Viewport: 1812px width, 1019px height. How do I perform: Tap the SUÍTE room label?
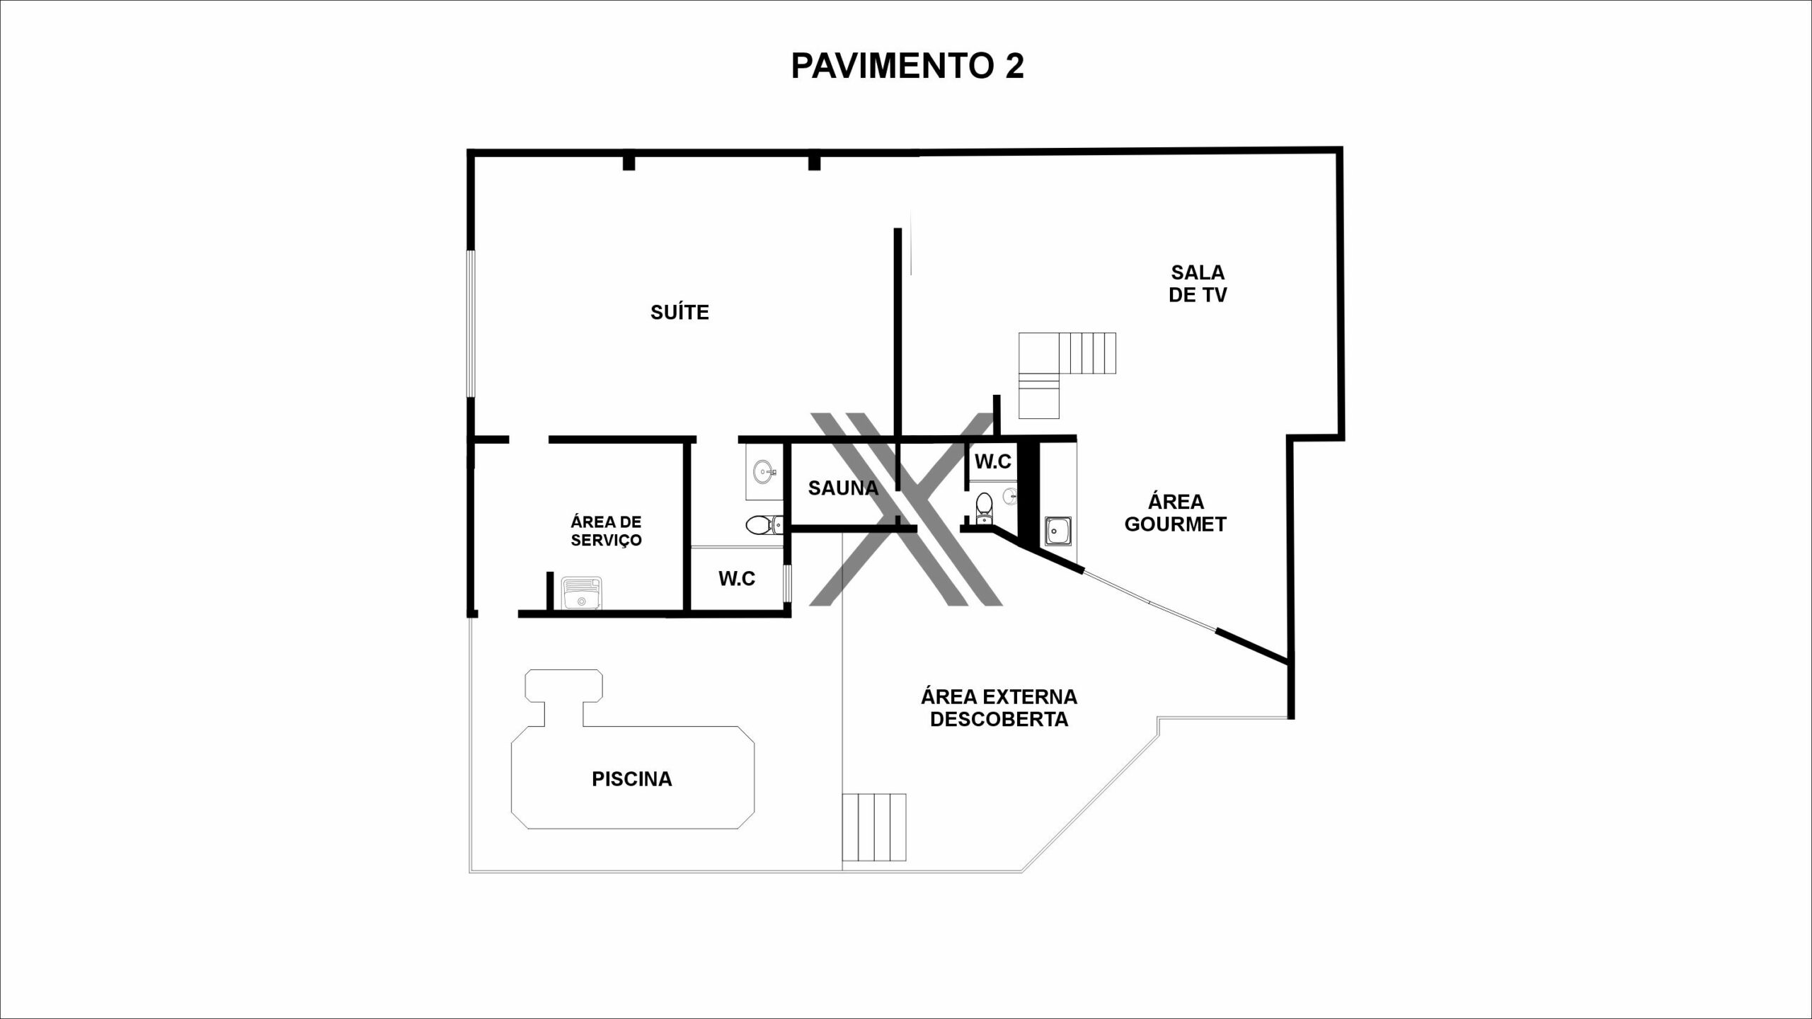point(679,312)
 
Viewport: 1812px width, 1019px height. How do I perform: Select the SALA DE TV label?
point(1198,284)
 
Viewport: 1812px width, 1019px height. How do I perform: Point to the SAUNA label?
point(843,488)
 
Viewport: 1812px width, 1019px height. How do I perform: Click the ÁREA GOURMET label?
point(1176,513)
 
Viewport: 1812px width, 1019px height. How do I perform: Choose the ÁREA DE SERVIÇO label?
point(606,531)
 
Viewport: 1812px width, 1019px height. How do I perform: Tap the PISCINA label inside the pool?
point(632,779)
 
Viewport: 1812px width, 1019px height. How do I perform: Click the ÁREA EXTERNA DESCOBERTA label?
point(999,708)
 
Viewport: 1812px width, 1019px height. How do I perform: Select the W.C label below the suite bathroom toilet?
point(737,579)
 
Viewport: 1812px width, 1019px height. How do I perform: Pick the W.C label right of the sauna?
point(993,462)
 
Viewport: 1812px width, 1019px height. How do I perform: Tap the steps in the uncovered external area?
point(874,827)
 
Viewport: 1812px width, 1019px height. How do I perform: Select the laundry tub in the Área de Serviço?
point(581,593)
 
